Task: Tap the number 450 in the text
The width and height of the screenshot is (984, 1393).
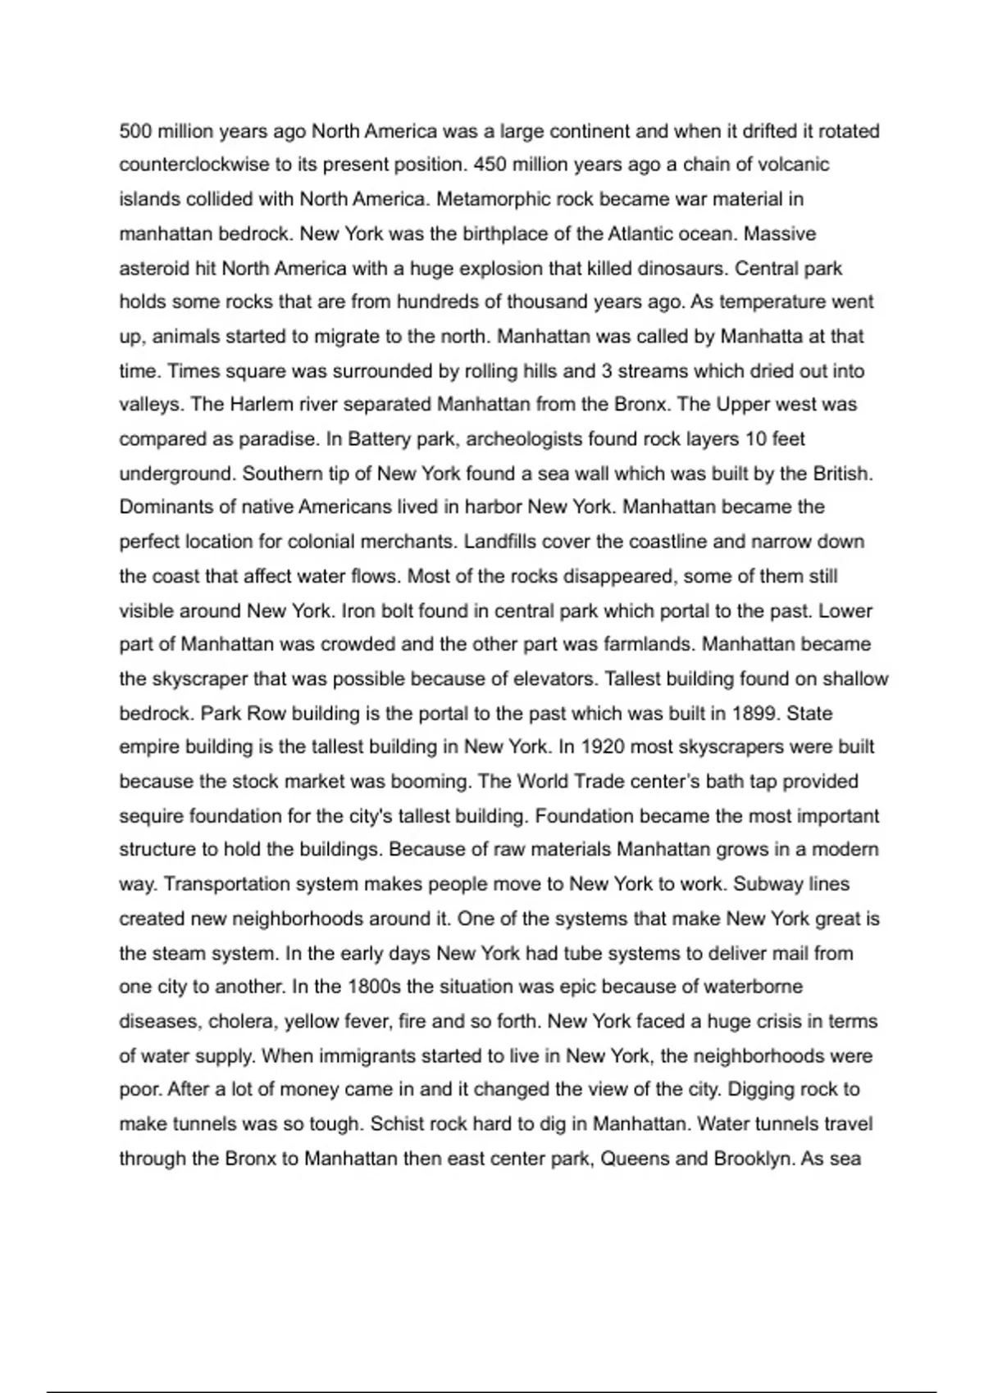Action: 490,165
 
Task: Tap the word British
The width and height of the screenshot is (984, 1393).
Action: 842,474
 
